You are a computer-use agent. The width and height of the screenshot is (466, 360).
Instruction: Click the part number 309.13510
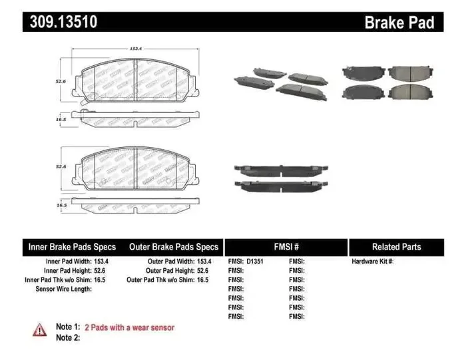(x=63, y=22)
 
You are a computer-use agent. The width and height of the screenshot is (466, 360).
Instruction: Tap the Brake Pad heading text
(x=399, y=23)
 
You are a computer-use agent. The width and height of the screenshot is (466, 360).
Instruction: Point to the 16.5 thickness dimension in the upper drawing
(x=61, y=119)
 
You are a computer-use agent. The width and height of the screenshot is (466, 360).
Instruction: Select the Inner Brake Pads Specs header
(x=72, y=247)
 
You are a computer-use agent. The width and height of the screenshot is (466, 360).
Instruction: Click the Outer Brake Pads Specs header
(x=173, y=247)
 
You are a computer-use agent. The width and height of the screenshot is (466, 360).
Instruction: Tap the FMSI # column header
(x=286, y=247)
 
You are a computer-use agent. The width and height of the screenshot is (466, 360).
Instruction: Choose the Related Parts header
(x=396, y=247)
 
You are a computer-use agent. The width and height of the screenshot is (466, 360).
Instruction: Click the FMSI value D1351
(x=255, y=262)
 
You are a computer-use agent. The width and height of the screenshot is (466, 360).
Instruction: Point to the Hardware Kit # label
(x=372, y=262)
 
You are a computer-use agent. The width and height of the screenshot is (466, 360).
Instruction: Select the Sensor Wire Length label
(x=63, y=289)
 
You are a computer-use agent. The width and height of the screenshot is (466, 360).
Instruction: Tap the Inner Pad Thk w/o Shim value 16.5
(x=100, y=280)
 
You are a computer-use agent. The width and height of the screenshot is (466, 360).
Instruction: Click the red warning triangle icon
(x=40, y=329)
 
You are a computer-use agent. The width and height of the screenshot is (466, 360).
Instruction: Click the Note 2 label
(x=68, y=337)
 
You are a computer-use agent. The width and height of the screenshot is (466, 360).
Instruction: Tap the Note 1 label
(x=68, y=327)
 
